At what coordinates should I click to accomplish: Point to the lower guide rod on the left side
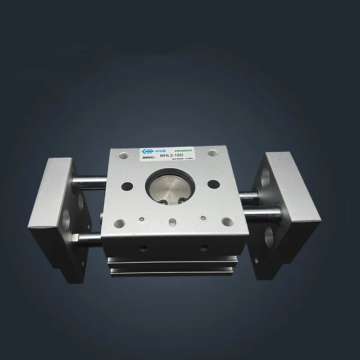(x=85, y=238)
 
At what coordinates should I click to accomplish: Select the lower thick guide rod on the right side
(x=256, y=210)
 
